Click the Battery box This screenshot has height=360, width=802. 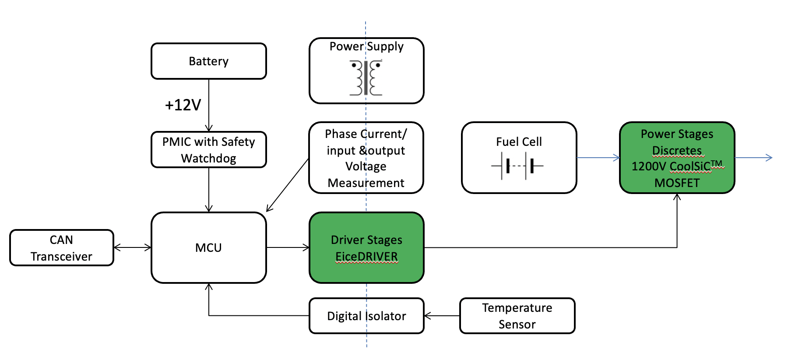point(208,61)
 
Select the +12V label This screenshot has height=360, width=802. point(183,105)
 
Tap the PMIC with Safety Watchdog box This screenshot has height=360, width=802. point(208,150)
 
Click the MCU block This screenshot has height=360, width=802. point(208,248)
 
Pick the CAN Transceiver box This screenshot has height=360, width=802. point(62,248)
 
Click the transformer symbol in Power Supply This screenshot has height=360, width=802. point(366,78)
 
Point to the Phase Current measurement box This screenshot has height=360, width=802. point(366,158)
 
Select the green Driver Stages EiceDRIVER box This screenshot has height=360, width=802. point(366,248)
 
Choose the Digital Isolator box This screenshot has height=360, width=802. point(366,316)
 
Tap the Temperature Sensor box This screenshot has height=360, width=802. point(517,316)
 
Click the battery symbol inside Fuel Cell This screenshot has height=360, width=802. point(517,166)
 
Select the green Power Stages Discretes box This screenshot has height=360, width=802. point(677,158)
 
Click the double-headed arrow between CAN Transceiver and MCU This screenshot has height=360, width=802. point(133,248)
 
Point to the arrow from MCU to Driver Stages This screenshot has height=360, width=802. point(288,248)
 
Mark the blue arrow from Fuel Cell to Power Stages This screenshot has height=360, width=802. point(598,158)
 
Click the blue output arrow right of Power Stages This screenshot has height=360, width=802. point(753,158)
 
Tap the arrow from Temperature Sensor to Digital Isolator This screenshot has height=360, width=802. point(442,316)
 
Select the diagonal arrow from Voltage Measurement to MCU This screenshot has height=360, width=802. point(287,185)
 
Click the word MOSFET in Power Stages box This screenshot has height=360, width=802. point(677,183)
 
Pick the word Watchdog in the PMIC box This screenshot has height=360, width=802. point(208,159)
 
